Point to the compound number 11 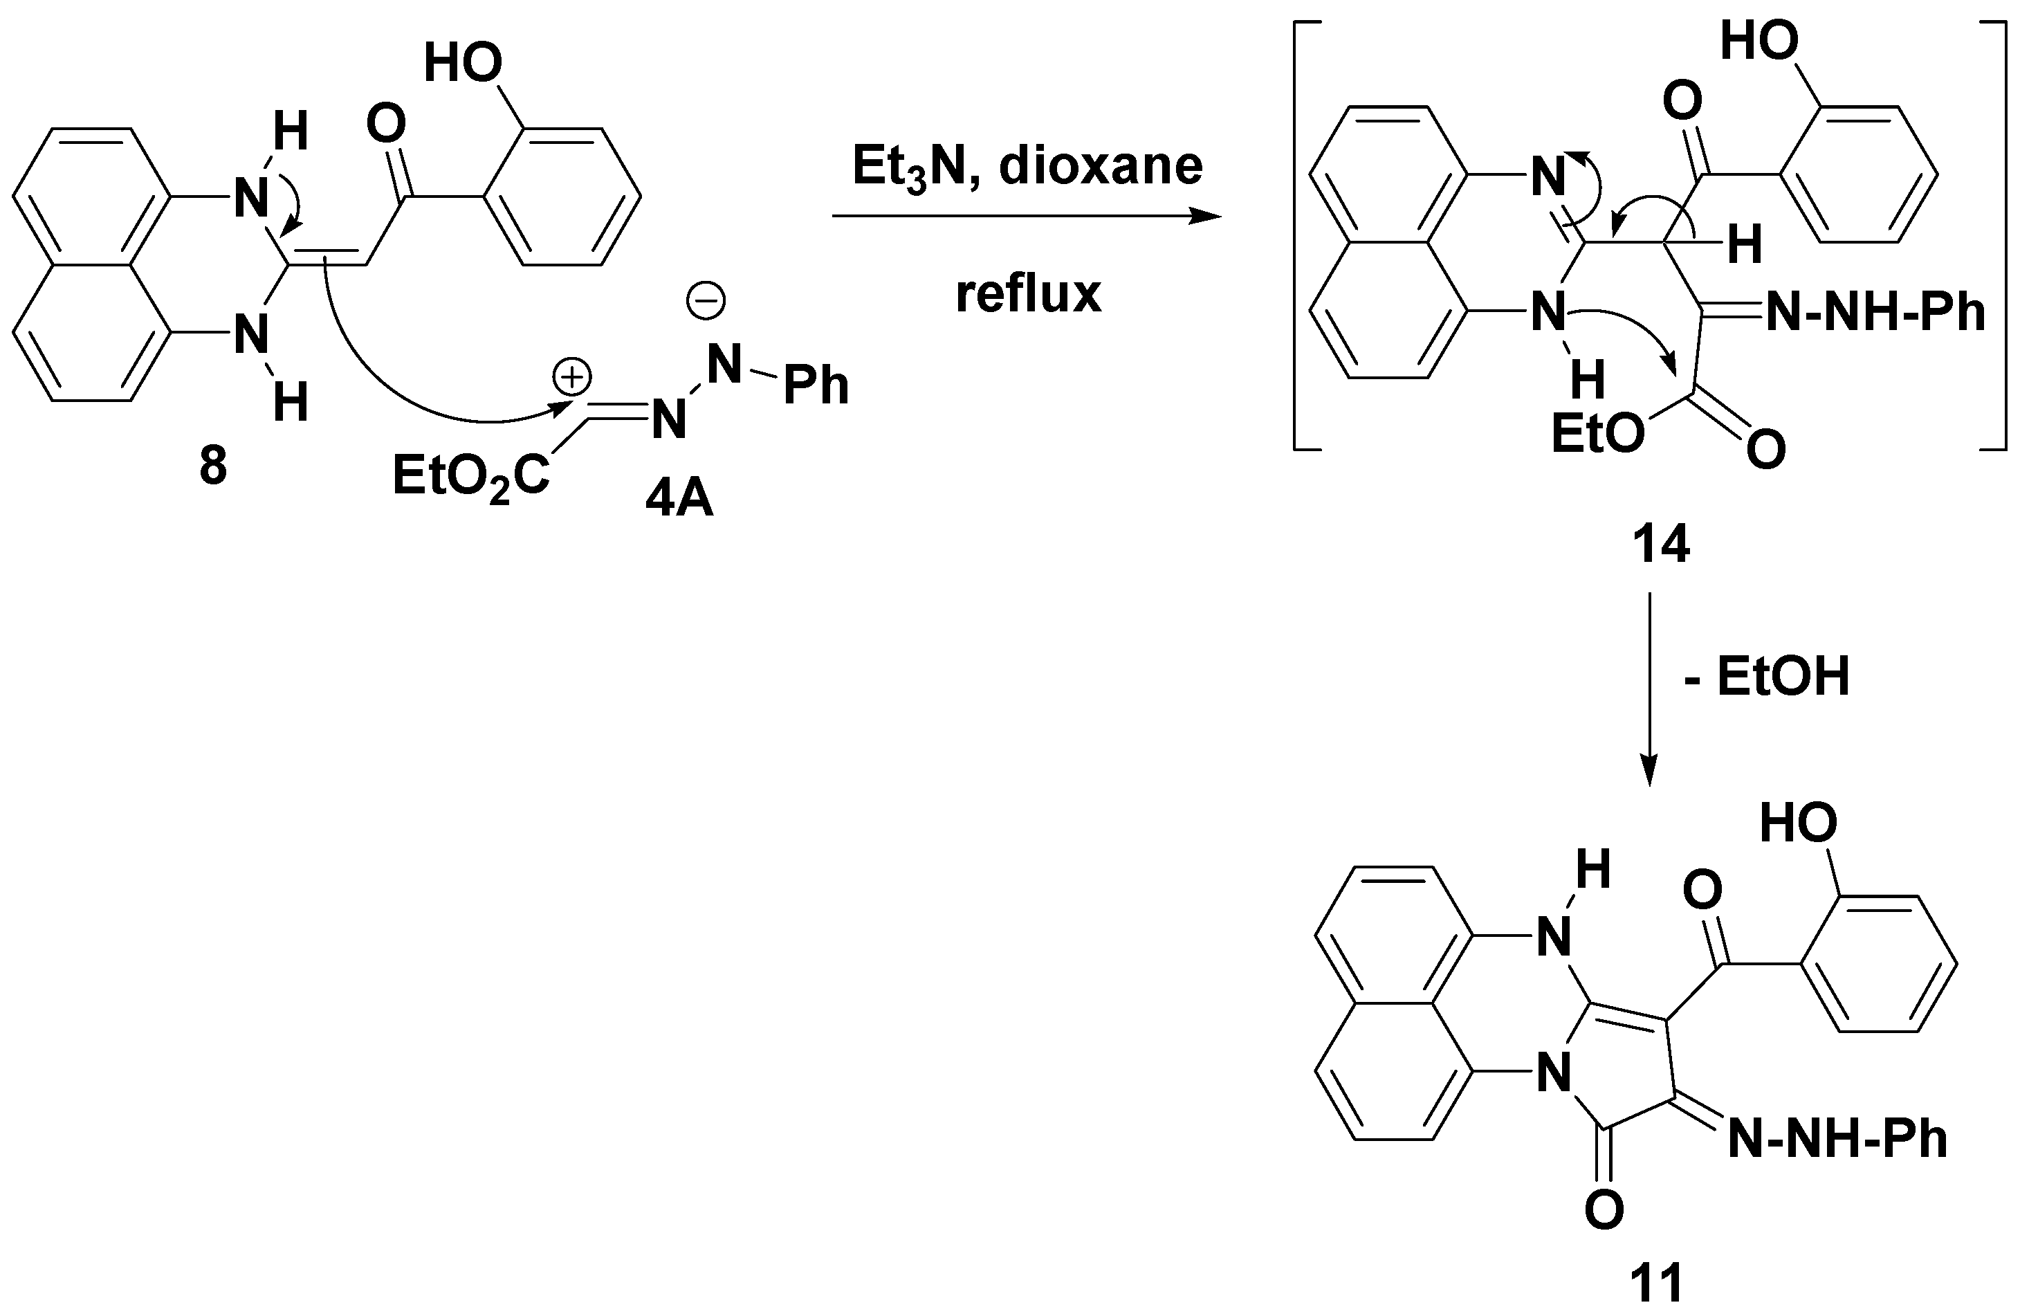(x=1657, y=1283)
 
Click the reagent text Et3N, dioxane (x=1027, y=167)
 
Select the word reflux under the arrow (x=1028, y=295)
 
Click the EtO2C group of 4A (x=470, y=477)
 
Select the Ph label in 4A (x=816, y=386)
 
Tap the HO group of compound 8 (x=463, y=63)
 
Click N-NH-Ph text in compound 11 (x=1837, y=1138)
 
